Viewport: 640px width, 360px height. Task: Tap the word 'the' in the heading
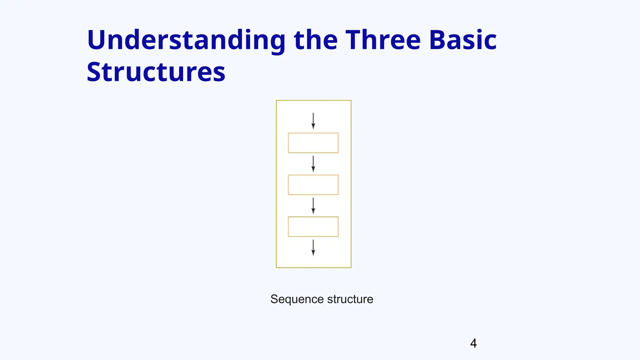(x=316, y=40)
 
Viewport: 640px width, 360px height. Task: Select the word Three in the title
(x=383, y=40)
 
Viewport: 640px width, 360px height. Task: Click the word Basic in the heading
(x=462, y=40)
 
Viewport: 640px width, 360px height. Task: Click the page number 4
(x=473, y=343)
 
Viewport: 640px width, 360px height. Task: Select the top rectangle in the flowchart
(x=313, y=143)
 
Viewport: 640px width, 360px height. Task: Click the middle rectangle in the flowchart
(x=313, y=185)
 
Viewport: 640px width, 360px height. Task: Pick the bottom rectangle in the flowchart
(x=313, y=227)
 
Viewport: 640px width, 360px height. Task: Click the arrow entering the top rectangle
(x=313, y=121)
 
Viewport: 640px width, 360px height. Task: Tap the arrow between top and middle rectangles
(x=313, y=164)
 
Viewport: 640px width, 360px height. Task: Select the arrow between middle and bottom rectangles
(x=313, y=206)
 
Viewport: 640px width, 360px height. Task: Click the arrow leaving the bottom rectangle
(x=313, y=247)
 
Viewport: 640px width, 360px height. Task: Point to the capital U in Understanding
(x=97, y=40)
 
